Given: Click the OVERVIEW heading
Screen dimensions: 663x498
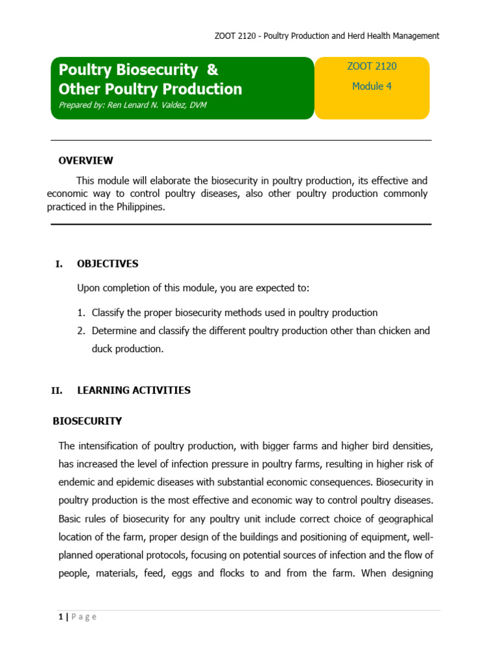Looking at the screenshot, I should point(86,160).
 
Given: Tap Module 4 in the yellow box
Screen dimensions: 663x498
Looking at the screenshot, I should point(372,86).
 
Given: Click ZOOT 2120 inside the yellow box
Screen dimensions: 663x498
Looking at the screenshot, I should point(372,66).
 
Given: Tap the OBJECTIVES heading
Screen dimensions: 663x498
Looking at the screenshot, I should point(108,264).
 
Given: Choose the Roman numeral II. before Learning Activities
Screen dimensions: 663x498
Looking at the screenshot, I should point(56,390).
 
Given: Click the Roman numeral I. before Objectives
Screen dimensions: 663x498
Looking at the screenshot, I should point(59,264).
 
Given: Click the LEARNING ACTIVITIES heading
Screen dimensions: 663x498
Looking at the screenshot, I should point(134,390).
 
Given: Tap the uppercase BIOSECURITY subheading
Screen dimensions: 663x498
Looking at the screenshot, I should point(87,421).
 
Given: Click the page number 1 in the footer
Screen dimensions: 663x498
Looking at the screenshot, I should point(60,616).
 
